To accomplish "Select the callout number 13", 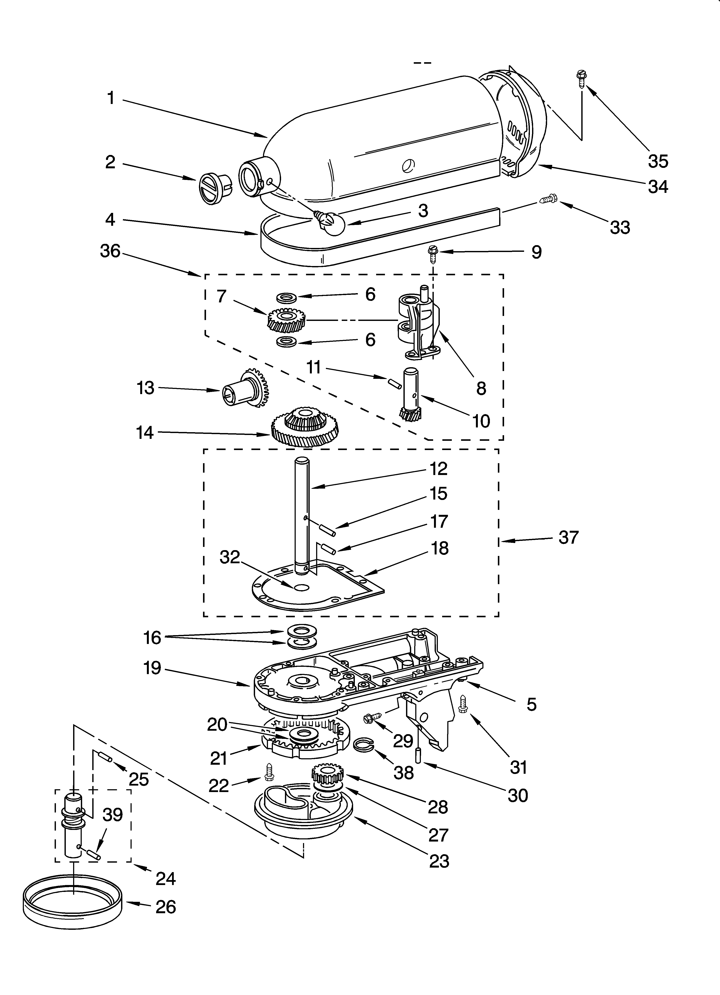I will pos(146,388).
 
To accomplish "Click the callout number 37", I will pos(569,537).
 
